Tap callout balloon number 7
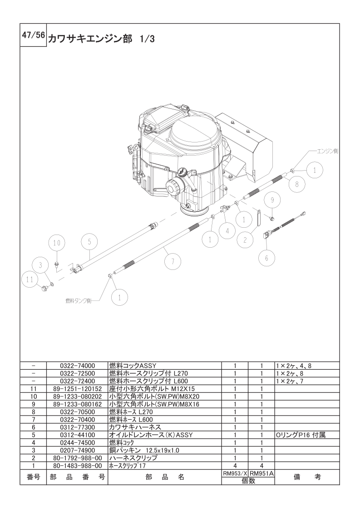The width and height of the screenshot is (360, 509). click(173, 261)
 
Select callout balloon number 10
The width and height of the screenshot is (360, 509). click(56, 243)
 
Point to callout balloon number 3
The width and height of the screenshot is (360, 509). click(40, 265)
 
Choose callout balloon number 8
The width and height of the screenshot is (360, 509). click(297, 184)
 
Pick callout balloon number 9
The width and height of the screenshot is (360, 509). click(272, 200)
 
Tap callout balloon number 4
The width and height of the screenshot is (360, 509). click(227, 229)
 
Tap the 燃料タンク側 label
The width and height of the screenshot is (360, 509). click(79, 301)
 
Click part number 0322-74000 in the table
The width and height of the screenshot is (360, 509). click(77, 365)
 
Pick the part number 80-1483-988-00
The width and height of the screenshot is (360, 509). click(77, 465)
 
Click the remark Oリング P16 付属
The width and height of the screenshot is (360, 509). click(301, 435)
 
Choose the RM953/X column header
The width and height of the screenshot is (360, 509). click(235, 473)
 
